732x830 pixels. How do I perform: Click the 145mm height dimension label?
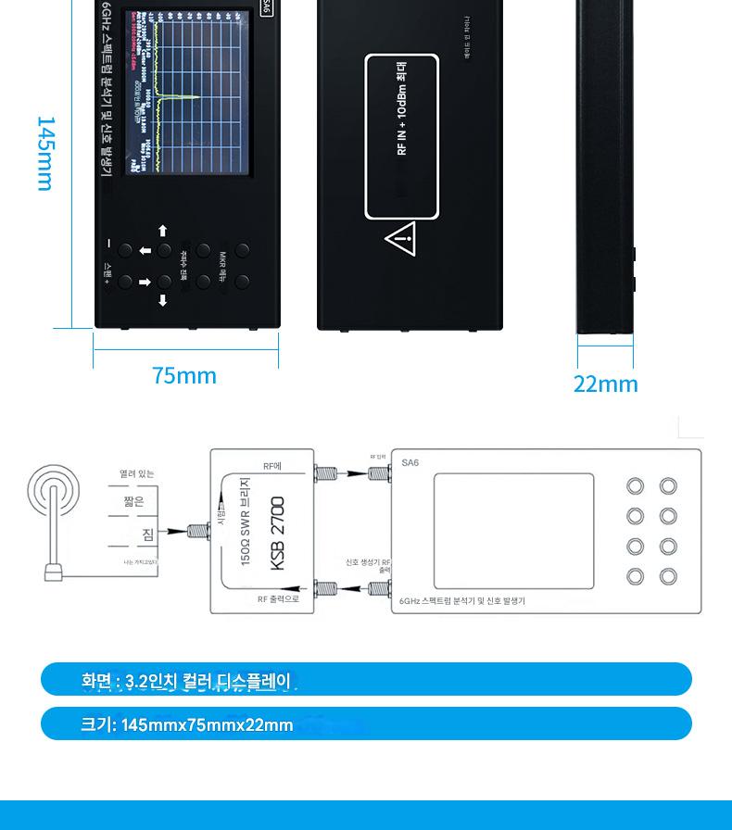[x=44, y=154]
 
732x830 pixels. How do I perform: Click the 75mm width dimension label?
[x=184, y=375]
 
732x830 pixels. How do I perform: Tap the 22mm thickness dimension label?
[x=605, y=384]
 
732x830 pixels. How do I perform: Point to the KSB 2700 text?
[x=278, y=534]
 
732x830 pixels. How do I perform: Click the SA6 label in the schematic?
[x=410, y=462]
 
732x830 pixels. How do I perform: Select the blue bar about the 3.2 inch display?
[x=366, y=680]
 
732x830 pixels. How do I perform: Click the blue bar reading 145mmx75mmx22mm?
[x=366, y=723]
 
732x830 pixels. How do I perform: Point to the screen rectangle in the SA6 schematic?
[x=514, y=530]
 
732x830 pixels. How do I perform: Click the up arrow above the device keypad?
[x=163, y=231]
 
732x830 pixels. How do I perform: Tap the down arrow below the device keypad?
[x=163, y=300]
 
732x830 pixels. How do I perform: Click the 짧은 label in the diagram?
[x=134, y=501]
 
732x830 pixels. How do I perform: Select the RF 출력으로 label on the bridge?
[x=278, y=599]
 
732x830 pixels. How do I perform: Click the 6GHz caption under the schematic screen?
[x=462, y=601]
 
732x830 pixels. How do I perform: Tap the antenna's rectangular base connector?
[x=53, y=573]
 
